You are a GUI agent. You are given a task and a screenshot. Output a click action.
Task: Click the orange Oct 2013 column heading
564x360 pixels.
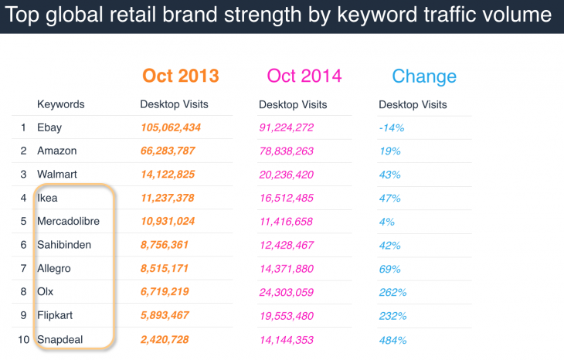click(x=180, y=76)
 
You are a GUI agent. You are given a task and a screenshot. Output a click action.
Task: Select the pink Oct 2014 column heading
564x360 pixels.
click(x=304, y=76)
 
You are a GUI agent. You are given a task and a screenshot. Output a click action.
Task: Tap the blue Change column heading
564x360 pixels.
click(x=423, y=76)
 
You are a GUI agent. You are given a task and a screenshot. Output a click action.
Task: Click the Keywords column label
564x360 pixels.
click(x=60, y=104)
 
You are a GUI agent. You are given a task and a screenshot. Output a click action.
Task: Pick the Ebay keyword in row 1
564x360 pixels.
click(x=49, y=127)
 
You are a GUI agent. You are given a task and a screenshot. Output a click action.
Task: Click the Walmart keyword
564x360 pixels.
click(x=56, y=175)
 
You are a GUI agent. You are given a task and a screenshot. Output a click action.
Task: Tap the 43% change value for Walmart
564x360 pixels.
click(x=390, y=175)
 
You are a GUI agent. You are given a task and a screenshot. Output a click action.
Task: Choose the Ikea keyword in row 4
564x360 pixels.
click(x=47, y=199)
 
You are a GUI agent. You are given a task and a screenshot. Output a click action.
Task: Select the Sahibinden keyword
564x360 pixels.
click(x=63, y=246)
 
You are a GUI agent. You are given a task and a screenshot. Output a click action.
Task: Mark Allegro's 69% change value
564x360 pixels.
click(x=390, y=269)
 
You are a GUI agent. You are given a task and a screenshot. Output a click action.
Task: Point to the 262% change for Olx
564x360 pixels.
click(x=392, y=293)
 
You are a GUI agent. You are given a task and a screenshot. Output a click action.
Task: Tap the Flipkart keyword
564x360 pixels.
click(x=56, y=316)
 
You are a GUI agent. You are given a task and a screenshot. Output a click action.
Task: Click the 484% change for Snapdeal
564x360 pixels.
click(x=392, y=340)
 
